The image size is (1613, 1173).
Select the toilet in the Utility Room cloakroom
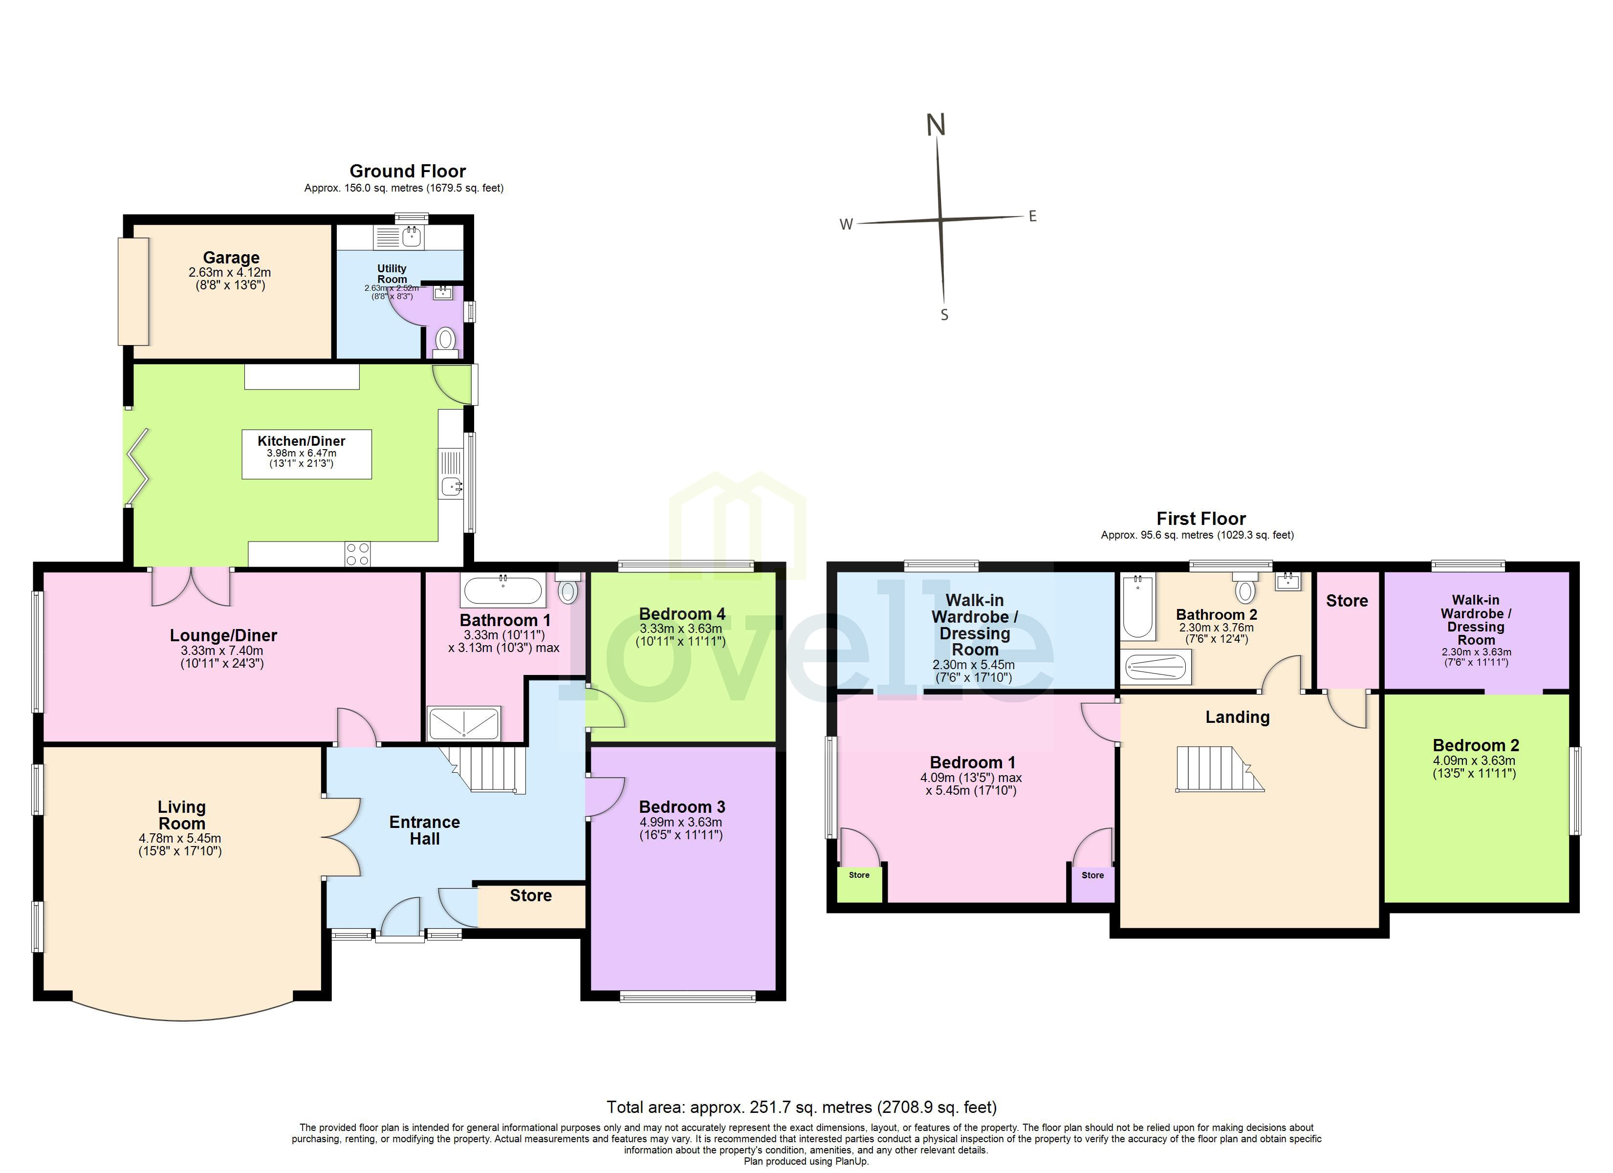click(x=445, y=339)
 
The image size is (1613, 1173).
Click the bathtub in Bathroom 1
click(x=503, y=590)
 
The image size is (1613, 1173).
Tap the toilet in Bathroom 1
click(x=567, y=590)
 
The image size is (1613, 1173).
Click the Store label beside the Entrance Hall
click(x=530, y=895)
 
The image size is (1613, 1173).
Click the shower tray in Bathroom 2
click(x=1155, y=667)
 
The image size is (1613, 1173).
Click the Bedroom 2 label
click(x=1475, y=745)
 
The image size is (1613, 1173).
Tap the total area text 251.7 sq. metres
click(x=802, y=1108)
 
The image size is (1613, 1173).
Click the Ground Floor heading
click(x=408, y=172)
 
